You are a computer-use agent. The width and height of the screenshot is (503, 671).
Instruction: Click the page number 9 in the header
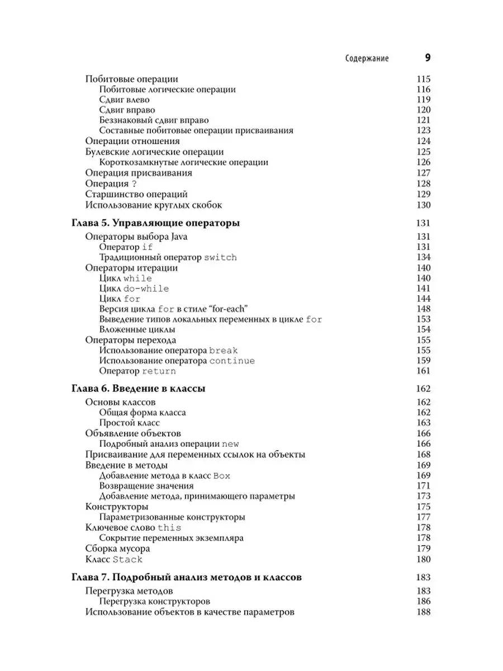pyautogui.click(x=426, y=58)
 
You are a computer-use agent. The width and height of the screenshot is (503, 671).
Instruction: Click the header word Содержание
pyautogui.click(x=367, y=58)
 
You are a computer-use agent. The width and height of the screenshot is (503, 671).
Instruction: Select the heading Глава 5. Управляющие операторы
pyautogui.click(x=156, y=223)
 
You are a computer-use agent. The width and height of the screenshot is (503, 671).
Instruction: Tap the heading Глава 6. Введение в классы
pyautogui.click(x=138, y=389)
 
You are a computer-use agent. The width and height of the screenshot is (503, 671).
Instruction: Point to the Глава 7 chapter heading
pyautogui.click(x=187, y=577)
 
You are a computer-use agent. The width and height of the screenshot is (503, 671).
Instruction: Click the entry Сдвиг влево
pyautogui.click(x=124, y=100)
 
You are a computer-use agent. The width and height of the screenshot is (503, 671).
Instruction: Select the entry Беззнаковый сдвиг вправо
pyautogui.click(x=154, y=120)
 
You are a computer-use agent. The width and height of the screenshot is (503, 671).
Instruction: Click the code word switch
pyautogui.click(x=220, y=257)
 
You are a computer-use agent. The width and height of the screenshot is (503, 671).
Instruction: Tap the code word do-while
pyautogui.click(x=146, y=289)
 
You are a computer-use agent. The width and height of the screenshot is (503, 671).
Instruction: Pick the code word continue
pyautogui.click(x=232, y=361)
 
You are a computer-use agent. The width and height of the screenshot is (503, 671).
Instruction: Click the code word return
pyautogui.click(x=159, y=371)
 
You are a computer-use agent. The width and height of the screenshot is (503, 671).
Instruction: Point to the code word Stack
pyautogui.click(x=128, y=559)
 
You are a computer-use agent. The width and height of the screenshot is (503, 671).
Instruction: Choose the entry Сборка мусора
pyautogui.click(x=117, y=549)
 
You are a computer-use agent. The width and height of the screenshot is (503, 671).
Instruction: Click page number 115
pyautogui.click(x=423, y=79)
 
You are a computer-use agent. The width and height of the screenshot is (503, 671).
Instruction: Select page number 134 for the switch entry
pyautogui.click(x=423, y=257)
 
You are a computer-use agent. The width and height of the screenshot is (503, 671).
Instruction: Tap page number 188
pyautogui.click(x=423, y=612)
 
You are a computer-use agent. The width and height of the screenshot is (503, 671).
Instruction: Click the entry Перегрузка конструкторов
pyautogui.click(x=154, y=601)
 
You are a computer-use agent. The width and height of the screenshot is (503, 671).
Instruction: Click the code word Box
pyautogui.click(x=222, y=475)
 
